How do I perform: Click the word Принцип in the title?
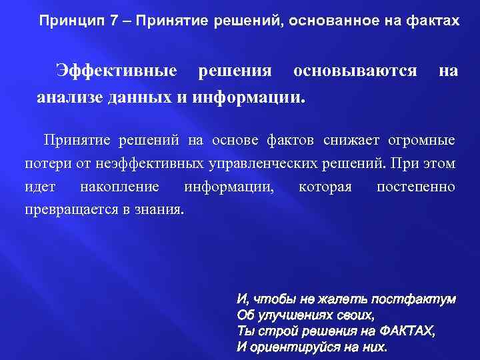(x=66, y=21)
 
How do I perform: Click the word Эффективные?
(x=117, y=70)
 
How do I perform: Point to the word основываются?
(x=355, y=70)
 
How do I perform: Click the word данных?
(x=140, y=97)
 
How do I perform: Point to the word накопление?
(x=119, y=186)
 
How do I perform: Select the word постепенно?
(x=416, y=186)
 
